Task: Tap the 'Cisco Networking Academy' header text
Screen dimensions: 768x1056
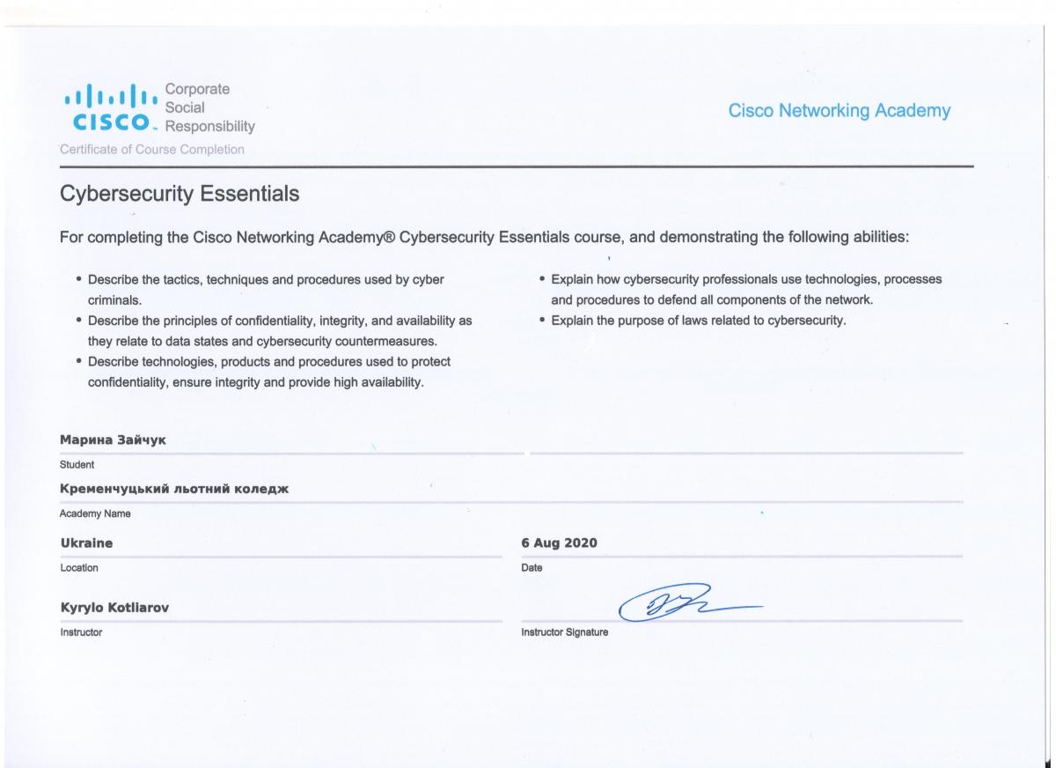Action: tap(840, 111)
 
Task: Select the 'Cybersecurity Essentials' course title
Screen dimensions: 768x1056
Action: tap(180, 193)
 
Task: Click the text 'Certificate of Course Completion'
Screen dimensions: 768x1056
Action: tap(152, 149)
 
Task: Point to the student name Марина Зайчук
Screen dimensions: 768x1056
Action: tap(113, 439)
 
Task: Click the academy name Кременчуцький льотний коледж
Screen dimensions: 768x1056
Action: tap(174, 489)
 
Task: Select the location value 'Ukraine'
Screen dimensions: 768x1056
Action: tap(86, 543)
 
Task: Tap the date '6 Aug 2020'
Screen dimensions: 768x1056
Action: tap(560, 543)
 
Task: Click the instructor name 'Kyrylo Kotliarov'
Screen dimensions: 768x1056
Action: tap(121, 609)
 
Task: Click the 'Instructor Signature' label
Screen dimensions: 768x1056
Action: tap(565, 632)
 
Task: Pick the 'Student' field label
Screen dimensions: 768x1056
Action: tap(77, 464)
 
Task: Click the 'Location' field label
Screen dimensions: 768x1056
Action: tap(79, 568)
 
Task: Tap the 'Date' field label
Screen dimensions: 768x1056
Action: tap(532, 568)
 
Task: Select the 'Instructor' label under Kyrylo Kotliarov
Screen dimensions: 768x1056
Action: tap(81, 632)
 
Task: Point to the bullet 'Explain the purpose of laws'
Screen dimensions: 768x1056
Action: tap(698, 321)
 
